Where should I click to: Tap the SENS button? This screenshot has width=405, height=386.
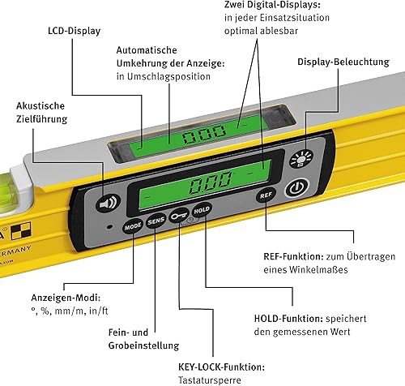[156, 221]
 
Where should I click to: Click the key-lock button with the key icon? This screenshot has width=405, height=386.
[179, 216]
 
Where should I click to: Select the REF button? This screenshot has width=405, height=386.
[266, 195]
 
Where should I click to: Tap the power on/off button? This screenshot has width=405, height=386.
[296, 187]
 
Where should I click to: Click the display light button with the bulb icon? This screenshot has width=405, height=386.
[301, 159]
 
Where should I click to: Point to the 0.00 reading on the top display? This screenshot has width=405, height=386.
[204, 134]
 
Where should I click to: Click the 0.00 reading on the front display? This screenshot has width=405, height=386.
[211, 182]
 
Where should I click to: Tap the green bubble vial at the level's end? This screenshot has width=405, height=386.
[11, 192]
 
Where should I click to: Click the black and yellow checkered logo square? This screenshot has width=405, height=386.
[21, 230]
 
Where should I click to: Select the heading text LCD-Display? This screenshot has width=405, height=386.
[75, 31]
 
